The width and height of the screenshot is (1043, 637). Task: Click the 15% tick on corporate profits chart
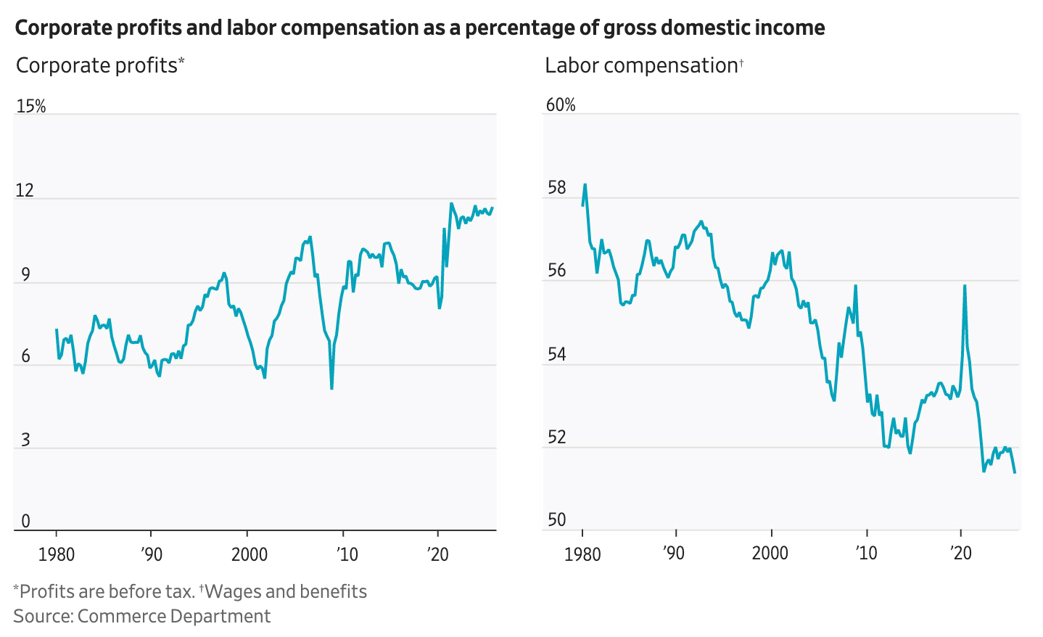point(30,106)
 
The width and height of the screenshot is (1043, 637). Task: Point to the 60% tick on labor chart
point(561,105)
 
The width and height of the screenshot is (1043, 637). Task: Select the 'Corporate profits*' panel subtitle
point(100,65)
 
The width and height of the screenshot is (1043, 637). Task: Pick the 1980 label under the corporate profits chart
point(56,554)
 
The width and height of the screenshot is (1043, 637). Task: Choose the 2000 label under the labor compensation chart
point(770,553)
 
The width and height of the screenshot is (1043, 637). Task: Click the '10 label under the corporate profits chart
point(347,554)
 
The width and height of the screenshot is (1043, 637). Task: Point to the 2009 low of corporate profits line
point(331,389)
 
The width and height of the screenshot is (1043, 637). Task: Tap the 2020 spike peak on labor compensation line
point(965,285)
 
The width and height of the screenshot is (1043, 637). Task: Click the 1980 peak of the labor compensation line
point(585,184)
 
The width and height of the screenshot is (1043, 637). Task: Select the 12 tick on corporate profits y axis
point(25,190)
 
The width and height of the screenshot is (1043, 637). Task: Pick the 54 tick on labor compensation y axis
point(556,355)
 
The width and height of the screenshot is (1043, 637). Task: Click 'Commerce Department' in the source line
point(173,616)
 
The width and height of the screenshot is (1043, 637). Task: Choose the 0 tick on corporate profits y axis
point(26,521)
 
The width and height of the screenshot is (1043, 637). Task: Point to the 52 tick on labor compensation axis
point(556,437)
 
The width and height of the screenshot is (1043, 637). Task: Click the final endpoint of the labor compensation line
point(1015,472)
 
